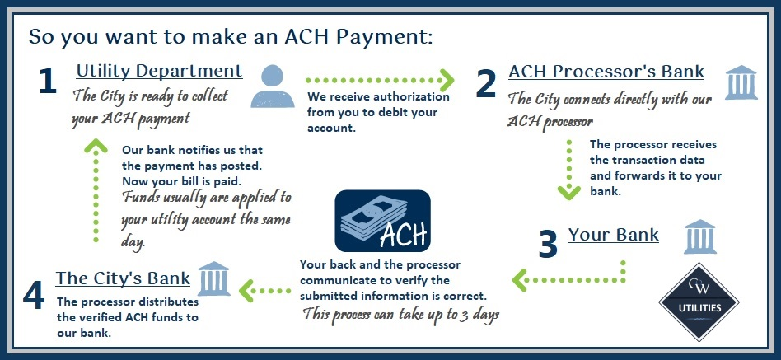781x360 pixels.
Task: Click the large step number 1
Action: click(x=47, y=82)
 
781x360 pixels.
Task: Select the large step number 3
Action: click(x=548, y=245)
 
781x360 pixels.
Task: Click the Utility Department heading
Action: click(x=159, y=71)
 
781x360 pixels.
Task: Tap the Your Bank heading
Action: click(x=613, y=235)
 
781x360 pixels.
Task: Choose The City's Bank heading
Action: click(x=123, y=278)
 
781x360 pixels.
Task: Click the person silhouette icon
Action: click(x=273, y=86)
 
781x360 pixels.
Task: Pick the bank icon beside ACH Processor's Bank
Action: click(x=741, y=82)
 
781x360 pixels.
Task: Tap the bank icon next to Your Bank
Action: click(x=699, y=236)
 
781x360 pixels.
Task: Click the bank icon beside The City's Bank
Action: click(x=214, y=278)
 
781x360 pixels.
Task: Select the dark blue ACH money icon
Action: click(x=382, y=221)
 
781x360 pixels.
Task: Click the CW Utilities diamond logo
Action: click(x=699, y=302)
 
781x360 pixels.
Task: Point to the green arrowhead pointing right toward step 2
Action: click(x=447, y=80)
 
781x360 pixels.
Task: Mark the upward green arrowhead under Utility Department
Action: click(x=96, y=146)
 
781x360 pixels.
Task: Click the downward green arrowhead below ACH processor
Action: click(x=568, y=192)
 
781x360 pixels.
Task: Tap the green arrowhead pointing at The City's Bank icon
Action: click(x=246, y=290)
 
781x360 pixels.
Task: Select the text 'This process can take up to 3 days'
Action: click(x=401, y=316)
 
